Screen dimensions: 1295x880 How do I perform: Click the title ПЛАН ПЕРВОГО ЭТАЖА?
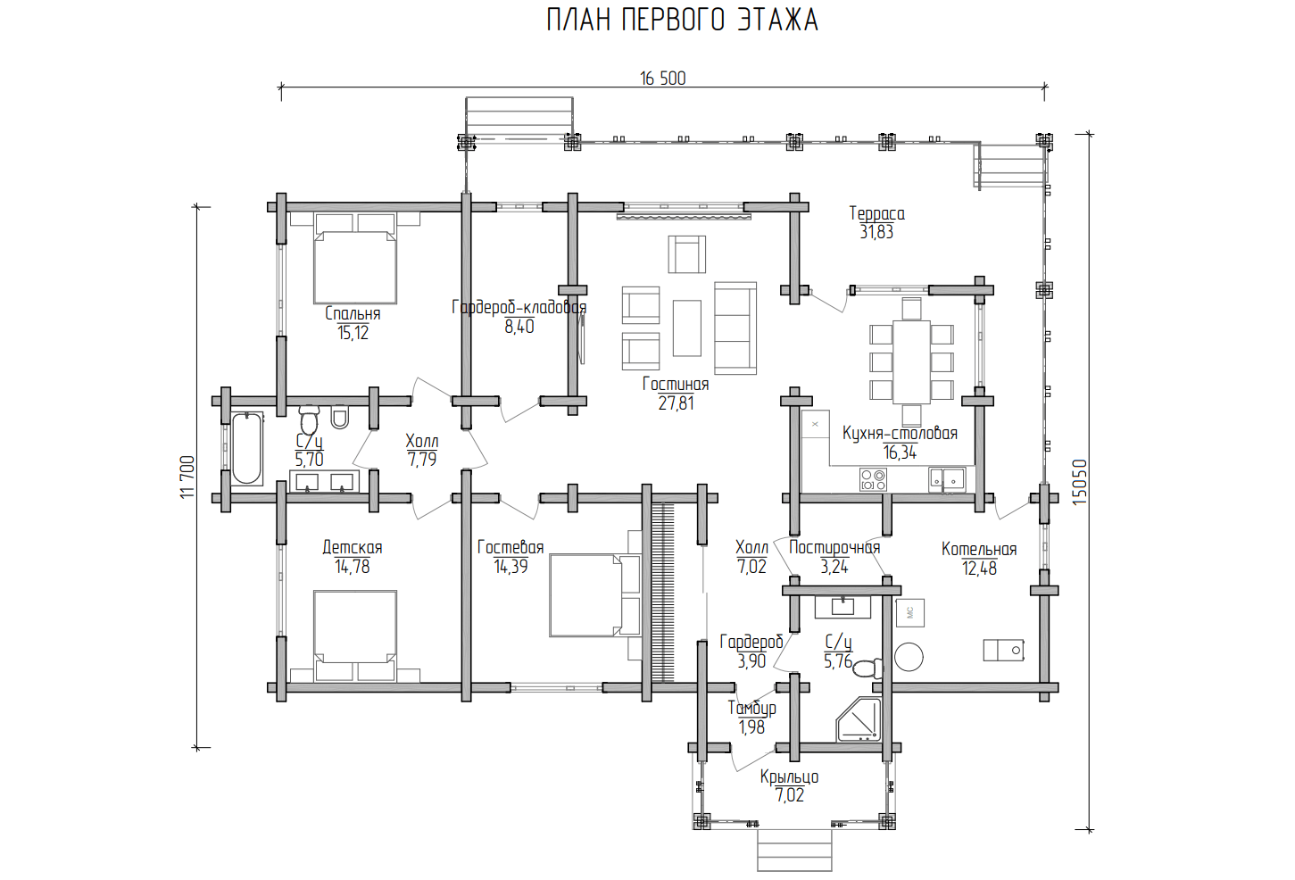pyautogui.click(x=682, y=21)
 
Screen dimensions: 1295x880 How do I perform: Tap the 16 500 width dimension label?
pyautogui.click(x=662, y=79)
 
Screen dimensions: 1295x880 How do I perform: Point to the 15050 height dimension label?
pyautogui.click(x=1079, y=482)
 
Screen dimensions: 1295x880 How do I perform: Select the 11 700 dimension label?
pyautogui.click(x=187, y=477)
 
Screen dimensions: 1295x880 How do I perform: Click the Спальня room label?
pyautogui.click(x=353, y=314)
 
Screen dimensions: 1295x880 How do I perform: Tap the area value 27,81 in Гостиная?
pyautogui.click(x=676, y=403)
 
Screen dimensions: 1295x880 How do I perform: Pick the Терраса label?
pyautogui.click(x=876, y=213)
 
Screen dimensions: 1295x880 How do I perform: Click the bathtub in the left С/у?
pyautogui.click(x=247, y=448)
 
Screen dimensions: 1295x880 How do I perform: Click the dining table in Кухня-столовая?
pyautogui.click(x=912, y=362)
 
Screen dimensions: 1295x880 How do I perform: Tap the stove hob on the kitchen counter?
pyautogui.click(x=873, y=479)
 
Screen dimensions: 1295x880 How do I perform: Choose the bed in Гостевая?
pyautogui.click(x=595, y=595)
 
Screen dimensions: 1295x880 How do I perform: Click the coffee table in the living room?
pyautogui.click(x=687, y=328)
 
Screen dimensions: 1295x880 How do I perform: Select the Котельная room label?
pyautogui.click(x=979, y=549)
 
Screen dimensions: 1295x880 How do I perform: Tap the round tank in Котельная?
pyautogui.click(x=909, y=657)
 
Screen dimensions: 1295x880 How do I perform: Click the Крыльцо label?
pyautogui.click(x=789, y=776)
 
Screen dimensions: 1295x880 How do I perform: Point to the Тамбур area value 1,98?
pyautogui.click(x=751, y=727)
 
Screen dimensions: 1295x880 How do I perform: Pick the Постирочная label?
pyautogui.click(x=834, y=547)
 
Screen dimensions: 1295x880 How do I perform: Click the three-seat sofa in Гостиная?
pyautogui.click(x=735, y=328)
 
